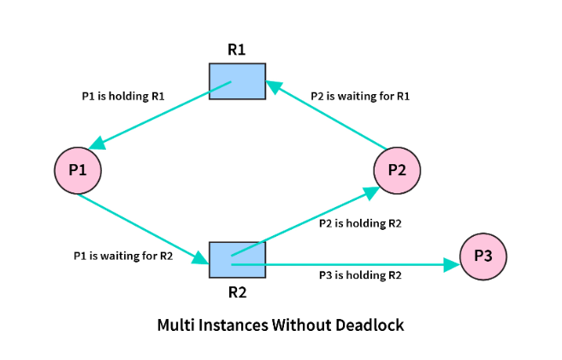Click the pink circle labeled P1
78,169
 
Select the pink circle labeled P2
397,169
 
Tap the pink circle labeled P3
483,256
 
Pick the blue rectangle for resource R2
237,258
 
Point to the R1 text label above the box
237,49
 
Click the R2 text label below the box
237,291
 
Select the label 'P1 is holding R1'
117,97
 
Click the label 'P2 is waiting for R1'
360,97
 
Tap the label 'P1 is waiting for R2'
123,255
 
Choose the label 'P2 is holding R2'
360,223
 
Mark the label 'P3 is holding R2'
360,275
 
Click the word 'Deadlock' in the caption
369,326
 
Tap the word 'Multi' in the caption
176,326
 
